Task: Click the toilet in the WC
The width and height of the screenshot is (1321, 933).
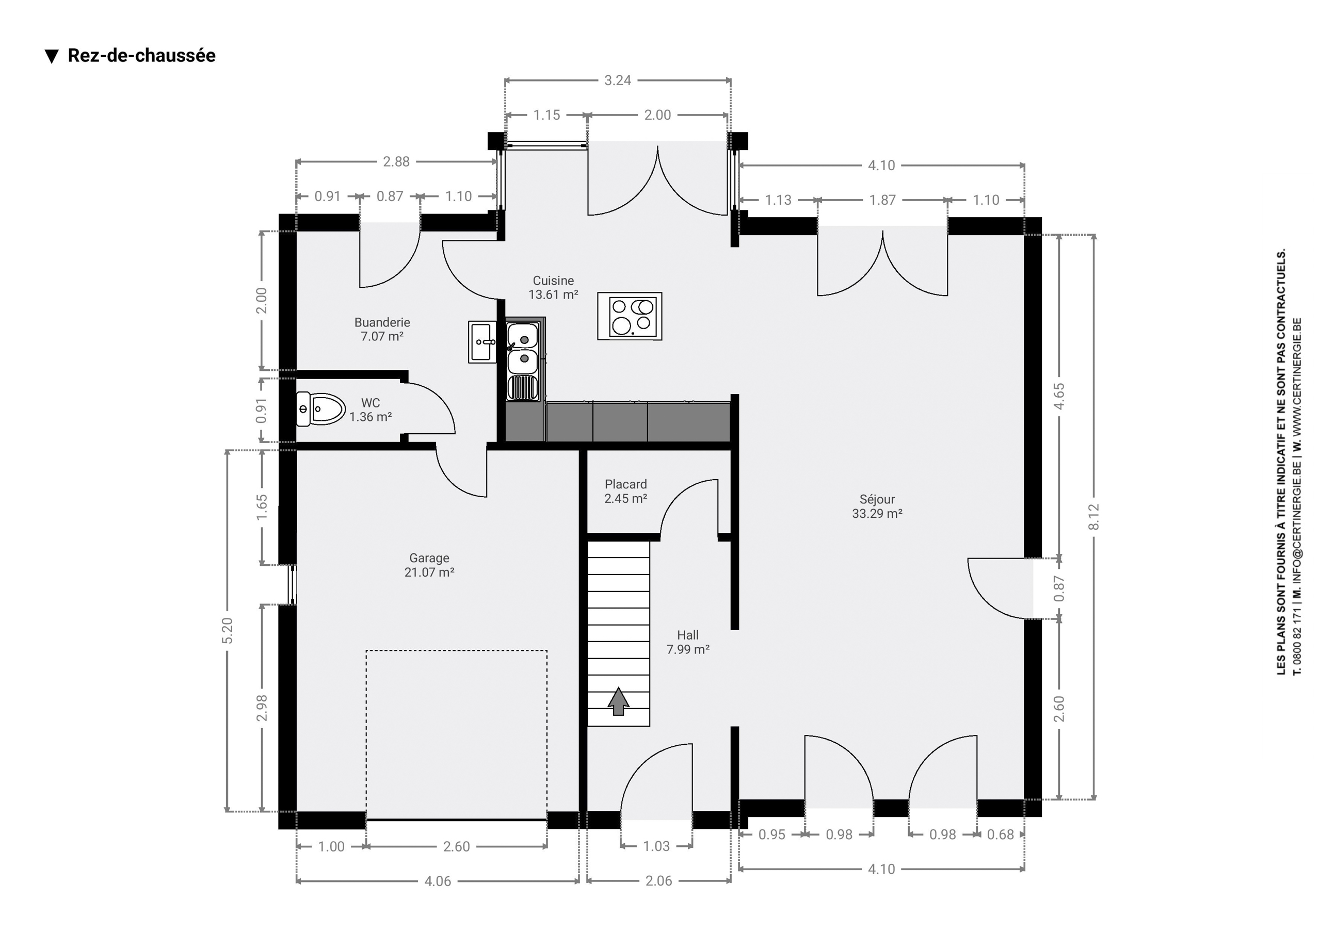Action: pyautogui.click(x=320, y=409)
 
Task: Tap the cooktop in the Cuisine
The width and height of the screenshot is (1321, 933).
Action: pyautogui.click(x=630, y=316)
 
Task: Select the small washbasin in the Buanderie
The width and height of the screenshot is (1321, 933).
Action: pyautogui.click(x=482, y=341)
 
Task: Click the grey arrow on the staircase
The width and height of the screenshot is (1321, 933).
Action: pyautogui.click(x=619, y=701)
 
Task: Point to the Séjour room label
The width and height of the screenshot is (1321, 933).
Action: pyautogui.click(x=877, y=499)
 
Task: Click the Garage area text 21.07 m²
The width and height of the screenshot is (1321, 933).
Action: pyautogui.click(x=429, y=572)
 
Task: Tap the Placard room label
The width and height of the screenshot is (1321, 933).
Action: pyautogui.click(x=625, y=484)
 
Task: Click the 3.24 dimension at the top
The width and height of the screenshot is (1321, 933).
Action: pyautogui.click(x=617, y=80)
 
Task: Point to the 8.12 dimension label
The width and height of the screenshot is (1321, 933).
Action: pyautogui.click(x=1094, y=517)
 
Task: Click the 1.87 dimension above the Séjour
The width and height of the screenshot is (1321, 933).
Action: pyautogui.click(x=882, y=200)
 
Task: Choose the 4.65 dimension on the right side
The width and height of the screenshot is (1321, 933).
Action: pyautogui.click(x=1059, y=396)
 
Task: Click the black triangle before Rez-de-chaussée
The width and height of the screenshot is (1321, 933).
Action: pyautogui.click(x=52, y=56)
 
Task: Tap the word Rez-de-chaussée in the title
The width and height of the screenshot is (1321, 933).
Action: pyautogui.click(x=141, y=55)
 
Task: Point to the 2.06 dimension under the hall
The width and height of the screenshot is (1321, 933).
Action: pyautogui.click(x=658, y=881)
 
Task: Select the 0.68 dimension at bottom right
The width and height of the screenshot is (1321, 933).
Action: pyautogui.click(x=1000, y=834)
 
